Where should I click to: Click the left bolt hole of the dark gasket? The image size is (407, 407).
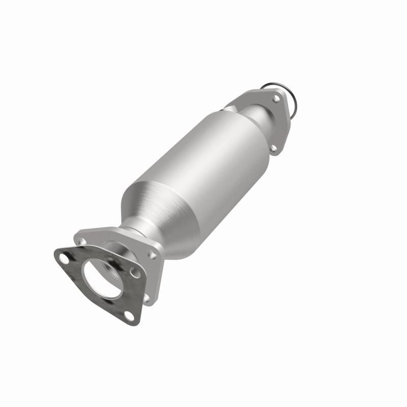click(64, 258)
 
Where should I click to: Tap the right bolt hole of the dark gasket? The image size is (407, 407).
click(136, 273)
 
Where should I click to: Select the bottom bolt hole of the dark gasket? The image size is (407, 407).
click(128, 316)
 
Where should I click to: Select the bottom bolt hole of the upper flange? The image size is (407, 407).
click(274, 148)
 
